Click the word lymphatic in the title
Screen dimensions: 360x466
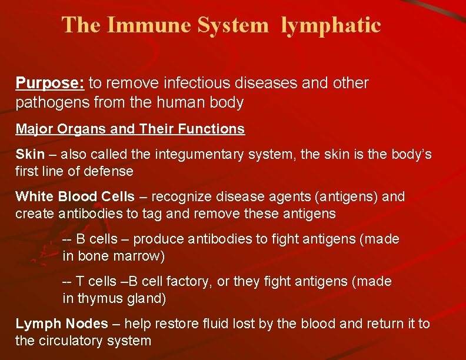[331, 25]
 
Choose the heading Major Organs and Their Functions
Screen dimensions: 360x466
[130, 129]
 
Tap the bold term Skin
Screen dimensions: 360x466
[29, 155]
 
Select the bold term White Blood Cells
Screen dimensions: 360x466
[75, 196]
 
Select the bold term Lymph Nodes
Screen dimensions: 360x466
[62, 324]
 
